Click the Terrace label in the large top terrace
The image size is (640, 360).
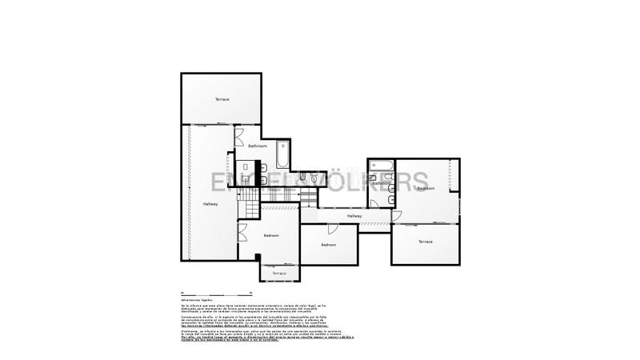[222, 99]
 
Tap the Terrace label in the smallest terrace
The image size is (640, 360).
[278, 274]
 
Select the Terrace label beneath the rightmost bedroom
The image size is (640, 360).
[425, 242]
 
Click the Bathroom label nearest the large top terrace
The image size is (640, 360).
[257, 146]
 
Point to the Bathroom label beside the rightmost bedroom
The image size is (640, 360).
[381, 183]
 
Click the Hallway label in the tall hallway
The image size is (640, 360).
[210, 205]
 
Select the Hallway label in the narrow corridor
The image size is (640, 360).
[354, 216]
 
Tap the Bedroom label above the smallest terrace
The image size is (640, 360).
[271, 235]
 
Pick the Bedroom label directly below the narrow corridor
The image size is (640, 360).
[328, 244]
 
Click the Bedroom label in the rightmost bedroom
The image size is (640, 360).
[425, 189]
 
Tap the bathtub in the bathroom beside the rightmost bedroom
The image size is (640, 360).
[382, 168]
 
